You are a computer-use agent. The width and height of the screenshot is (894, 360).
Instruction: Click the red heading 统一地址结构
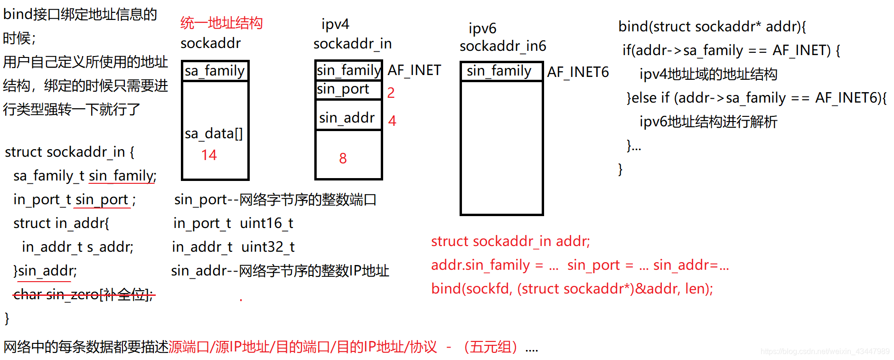[x=221, y=23]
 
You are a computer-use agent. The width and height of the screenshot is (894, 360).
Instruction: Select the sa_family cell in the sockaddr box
[x=215, y=71]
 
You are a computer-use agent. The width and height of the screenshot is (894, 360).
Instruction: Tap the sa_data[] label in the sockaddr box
[x=214, y=133]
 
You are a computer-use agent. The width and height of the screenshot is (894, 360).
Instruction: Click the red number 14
[x=209, y=155]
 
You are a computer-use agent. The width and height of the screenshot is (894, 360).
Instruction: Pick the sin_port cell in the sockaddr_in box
[x=343, y=89]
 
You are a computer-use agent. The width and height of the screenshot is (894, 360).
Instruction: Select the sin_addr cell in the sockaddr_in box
[x=347, y=117]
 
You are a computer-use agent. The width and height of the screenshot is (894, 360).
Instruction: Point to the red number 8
[x=343, y=158]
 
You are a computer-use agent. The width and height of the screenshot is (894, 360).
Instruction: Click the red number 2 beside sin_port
[x=391, y=93]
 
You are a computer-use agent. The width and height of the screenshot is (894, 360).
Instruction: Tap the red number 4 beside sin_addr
[x=392, y=121]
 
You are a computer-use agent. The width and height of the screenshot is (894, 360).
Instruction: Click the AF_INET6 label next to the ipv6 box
[x=578, y=72]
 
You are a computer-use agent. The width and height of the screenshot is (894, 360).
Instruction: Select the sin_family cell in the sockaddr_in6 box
[x=499, y=71]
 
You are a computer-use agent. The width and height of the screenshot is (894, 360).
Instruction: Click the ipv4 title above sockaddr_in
[x=335, y=24]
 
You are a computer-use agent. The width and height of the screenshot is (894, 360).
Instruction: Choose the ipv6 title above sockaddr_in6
[x=482, y=28]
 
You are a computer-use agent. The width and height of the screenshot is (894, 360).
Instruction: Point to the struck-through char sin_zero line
[x=84, y=295]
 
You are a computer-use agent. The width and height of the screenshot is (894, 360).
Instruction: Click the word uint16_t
[x=266, y=223]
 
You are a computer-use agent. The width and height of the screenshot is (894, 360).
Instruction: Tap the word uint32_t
[x=268, y=247]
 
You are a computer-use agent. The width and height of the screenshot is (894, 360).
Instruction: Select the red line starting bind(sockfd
[x=572, y=289]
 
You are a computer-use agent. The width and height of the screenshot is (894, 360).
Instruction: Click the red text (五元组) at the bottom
[x=490, y=347]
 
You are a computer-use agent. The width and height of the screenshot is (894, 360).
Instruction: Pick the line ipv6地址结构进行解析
[x=708, y=122]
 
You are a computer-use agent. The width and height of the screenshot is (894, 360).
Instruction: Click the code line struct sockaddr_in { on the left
[x=69, y=152]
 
